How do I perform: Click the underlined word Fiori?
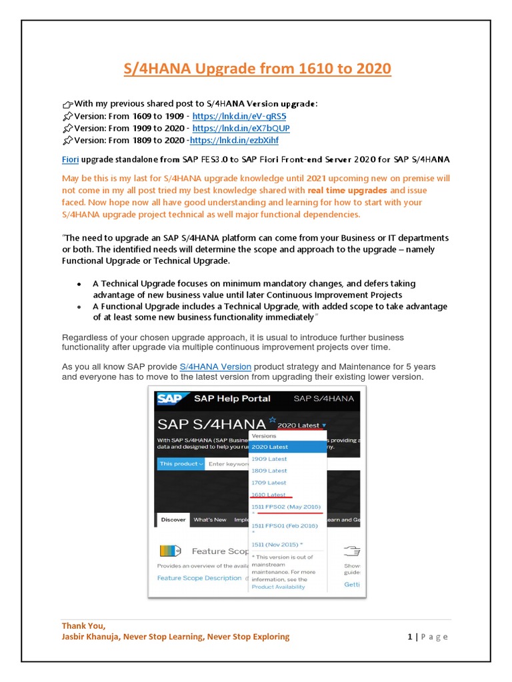click(x=70, y=159)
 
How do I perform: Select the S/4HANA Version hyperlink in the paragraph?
click(x=215, y=366)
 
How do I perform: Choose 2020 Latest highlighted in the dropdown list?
click(x=270, y=447)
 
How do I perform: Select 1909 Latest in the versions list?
click(x=269, y=459)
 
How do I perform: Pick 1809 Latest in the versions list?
click(x=269, y=471)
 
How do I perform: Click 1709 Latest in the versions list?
click(x=269, y=483)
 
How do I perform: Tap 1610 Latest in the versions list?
click(x=269, y=495)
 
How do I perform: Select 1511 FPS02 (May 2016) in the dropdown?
click(x=285, y=508)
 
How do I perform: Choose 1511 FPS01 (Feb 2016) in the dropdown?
click(x=284, y=526)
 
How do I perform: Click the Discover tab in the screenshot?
click(x=173, y=519)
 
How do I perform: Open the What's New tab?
click(x=209, y=519)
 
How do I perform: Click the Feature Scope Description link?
click(x=199, y=578)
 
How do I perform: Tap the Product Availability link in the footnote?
click(x=278, y=587)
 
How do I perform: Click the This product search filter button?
click(x=181, y=464)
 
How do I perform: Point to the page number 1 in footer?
click(x=410, y=637)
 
